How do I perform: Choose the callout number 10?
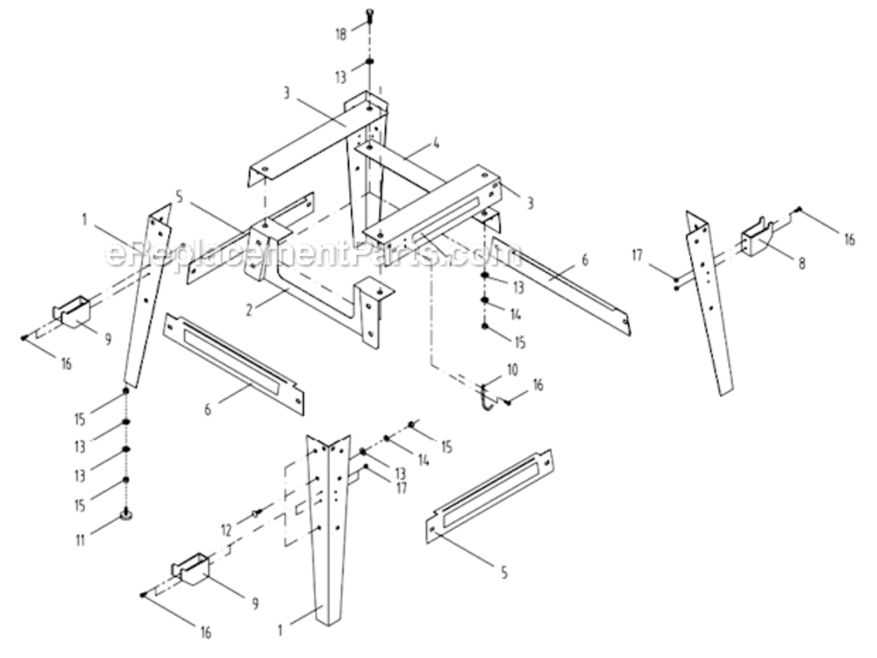pyautogui.click(x=512, y=369)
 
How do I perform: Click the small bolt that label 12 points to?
pyautogui.click(x=256, y=513)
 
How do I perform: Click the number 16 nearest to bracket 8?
pyautogui.click(x=849, y=239)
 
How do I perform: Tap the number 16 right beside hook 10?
pyautogui.click(x=538, y=384)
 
